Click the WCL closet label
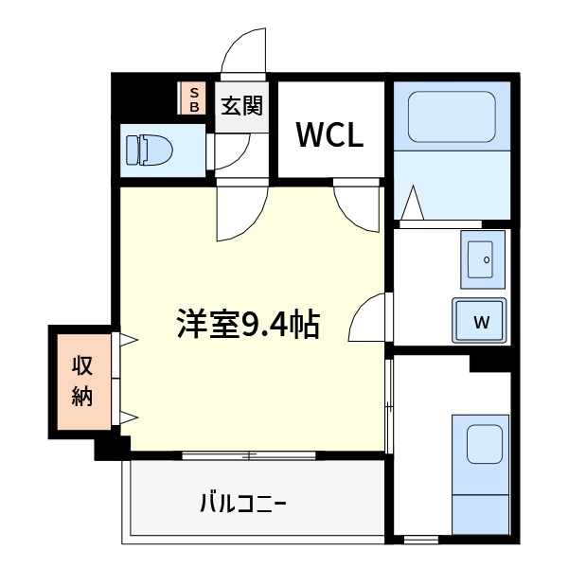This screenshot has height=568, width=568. (x=329, y=135)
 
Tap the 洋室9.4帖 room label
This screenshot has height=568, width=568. (x=247, y=325)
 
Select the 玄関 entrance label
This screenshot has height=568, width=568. (x=242, y=104)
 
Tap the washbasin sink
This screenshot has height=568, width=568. (x=483, y=258)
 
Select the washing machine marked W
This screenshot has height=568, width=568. (x=480, y=319)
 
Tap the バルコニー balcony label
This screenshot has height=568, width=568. (x=242, y=500)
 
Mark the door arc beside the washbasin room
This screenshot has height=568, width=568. (x=367, y=319)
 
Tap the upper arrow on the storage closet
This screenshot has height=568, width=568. (x=129, y=339)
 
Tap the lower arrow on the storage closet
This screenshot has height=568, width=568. (x=129, y=417)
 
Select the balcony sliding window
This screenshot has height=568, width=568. (x=249, y=455)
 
